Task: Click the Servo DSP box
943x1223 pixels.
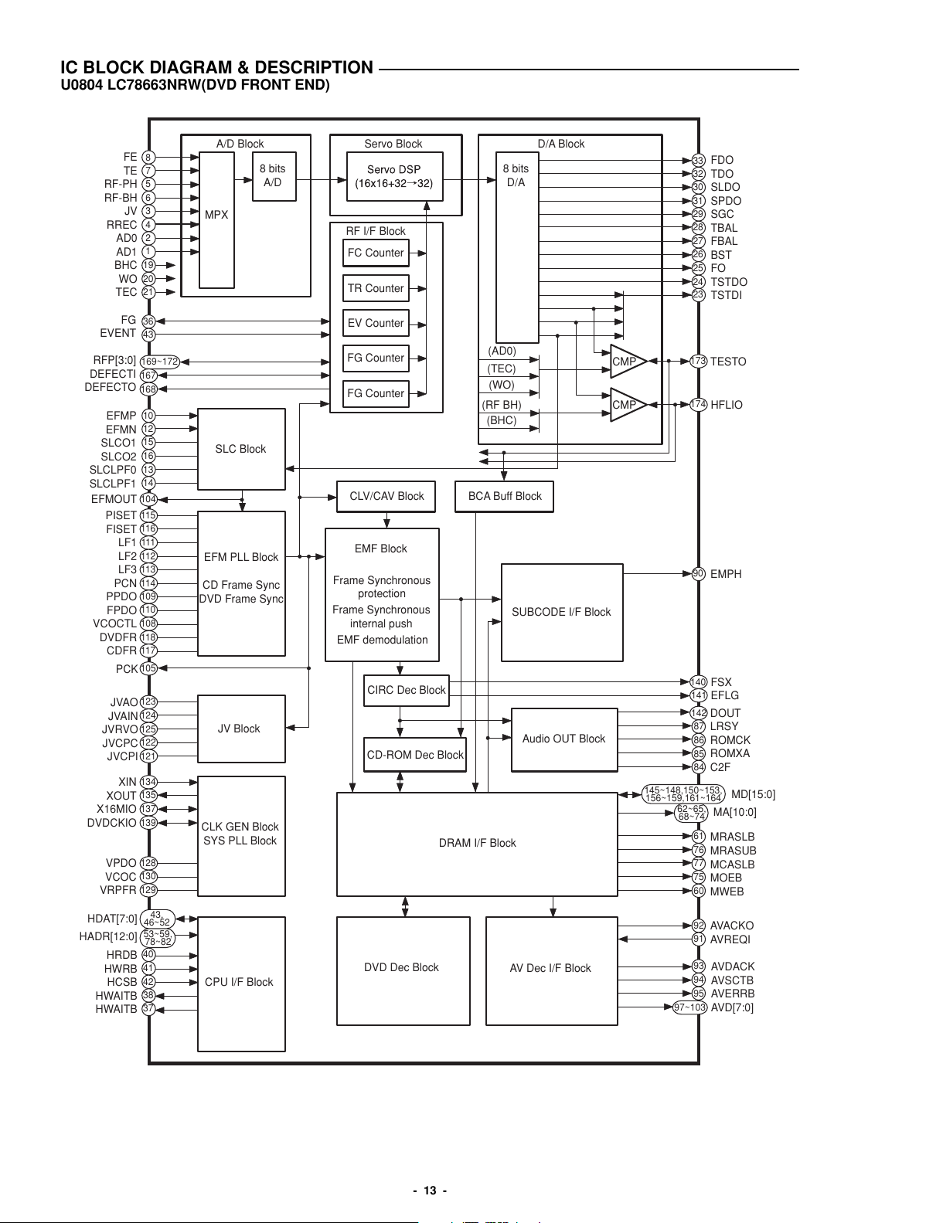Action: coord(394,177)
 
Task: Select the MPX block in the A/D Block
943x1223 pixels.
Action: coord(216,220)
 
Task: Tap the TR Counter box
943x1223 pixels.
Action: coord(376,288)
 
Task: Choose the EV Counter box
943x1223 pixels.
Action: coord(376,323)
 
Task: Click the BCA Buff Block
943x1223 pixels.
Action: coord(505,497)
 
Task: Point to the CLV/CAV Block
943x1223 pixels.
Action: coord(386,497)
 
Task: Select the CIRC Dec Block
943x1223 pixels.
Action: coord(407,691)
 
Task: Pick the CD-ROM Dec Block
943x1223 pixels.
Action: coord(415,755)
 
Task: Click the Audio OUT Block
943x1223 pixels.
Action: coord(564,739)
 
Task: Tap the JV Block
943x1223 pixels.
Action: coord(241,729)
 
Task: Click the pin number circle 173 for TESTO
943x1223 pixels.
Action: coord(698,361)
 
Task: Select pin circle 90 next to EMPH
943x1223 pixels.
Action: coord(698,573)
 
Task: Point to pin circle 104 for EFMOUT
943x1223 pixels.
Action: coord(148,499)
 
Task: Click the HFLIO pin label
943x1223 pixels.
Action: coord(727,405)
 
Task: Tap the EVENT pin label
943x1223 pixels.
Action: coord(117,333)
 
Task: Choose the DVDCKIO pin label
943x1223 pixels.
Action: coord(111,823)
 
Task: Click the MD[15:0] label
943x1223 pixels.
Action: coord(754,795)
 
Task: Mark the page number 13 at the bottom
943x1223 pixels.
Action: coord(430,1191)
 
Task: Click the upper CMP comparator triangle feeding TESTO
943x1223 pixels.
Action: coord(628,362)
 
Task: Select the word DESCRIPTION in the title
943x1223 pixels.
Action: coord(314,67)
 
